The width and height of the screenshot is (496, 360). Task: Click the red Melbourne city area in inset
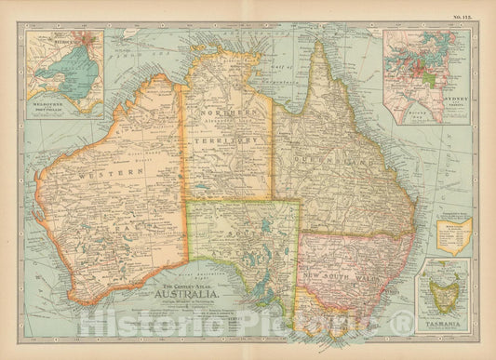89,40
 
